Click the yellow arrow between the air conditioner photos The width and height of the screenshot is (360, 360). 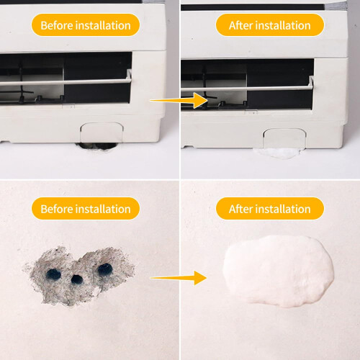(x=179, y=100)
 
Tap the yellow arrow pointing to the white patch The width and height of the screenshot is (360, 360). (x=179, y=278)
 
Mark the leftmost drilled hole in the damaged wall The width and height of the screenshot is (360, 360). (x=53, y=274)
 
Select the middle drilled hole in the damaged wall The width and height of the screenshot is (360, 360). (x=77, y=279)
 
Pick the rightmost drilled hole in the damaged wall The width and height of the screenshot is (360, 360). (x=105, y=269)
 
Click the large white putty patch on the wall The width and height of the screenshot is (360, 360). (x=279, y=271)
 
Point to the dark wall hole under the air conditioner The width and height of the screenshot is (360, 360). (x=96, y=145)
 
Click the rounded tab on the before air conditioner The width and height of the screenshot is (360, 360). (x=102, y=132)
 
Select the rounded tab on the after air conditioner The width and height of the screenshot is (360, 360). (x=285, y=138)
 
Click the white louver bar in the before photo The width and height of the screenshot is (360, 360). (x=66, y=82)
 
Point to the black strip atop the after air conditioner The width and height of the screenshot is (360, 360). (x=253, y=7)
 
